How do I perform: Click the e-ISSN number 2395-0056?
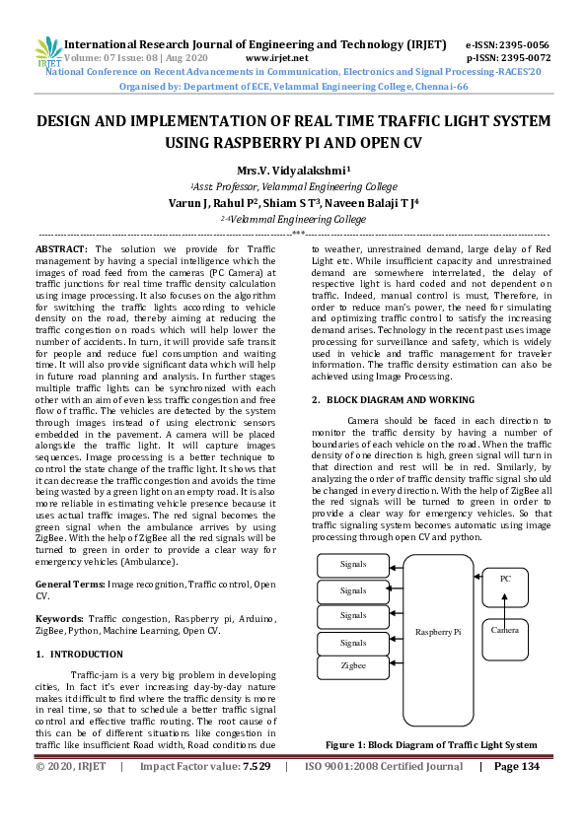pos(522,45)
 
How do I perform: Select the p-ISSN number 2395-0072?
pos(522,58)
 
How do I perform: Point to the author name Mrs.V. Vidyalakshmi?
pos(293,170)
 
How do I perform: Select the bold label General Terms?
pos(69,585)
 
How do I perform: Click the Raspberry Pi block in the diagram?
pos(438,631)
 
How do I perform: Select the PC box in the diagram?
pos(505,579)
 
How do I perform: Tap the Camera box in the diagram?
pos(505,628)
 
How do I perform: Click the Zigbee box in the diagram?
pos(353,666)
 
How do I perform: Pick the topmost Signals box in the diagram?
pos(353,565)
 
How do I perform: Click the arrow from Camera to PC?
pos(505,610)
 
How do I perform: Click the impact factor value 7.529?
pos(257,766)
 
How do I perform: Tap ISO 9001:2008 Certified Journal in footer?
pos(384,766)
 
